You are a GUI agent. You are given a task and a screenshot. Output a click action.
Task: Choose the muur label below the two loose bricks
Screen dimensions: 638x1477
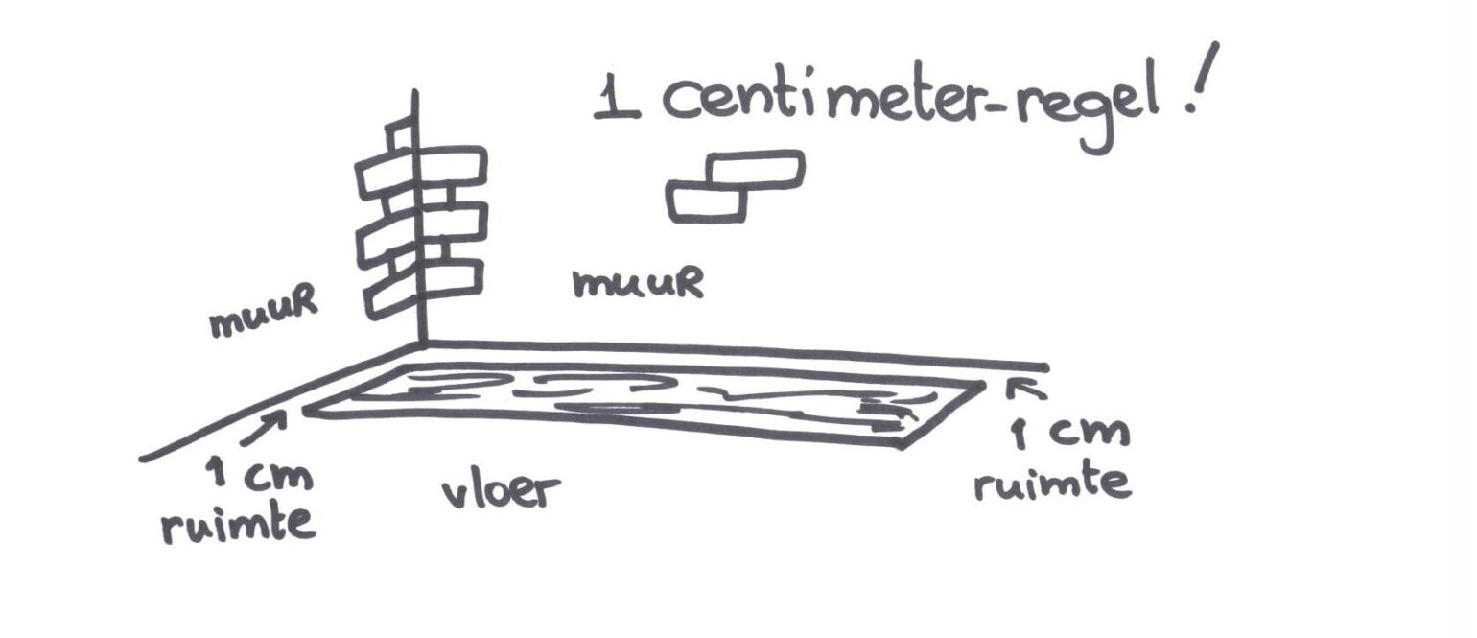637,283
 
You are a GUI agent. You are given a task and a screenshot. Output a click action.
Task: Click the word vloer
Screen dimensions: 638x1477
500,491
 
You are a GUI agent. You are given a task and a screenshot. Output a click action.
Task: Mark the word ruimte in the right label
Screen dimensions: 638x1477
1052,482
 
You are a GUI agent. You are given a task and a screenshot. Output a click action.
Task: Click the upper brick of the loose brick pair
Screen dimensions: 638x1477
755,170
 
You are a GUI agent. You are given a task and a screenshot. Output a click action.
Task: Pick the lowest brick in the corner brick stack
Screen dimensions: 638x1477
422,286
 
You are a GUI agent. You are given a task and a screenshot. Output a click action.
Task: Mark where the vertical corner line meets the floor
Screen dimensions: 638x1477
420,343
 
